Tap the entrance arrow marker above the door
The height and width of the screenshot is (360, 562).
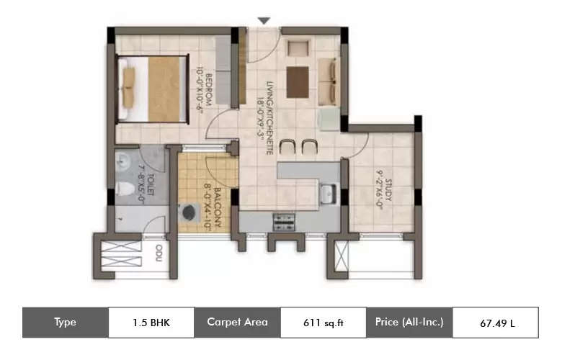(264, 22)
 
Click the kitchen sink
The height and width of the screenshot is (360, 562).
(327, 193)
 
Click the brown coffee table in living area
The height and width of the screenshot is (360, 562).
(297, 81)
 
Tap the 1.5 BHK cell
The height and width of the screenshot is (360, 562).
(151, 322)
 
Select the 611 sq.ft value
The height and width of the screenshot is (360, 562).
(322, 322)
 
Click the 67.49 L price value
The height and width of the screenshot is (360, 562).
(496, 322)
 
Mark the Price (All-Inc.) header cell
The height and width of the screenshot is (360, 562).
(409, 322)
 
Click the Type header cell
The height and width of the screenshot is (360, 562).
(66, 322)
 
